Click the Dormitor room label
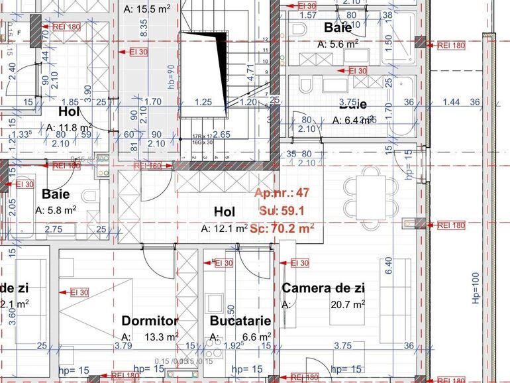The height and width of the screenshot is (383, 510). point(150,321)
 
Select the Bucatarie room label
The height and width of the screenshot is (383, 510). point(240,321)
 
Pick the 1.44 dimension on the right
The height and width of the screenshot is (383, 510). point(450,101)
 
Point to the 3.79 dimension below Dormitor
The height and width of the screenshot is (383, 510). point(123,345)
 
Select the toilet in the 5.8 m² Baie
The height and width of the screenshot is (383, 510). point(89,197)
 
